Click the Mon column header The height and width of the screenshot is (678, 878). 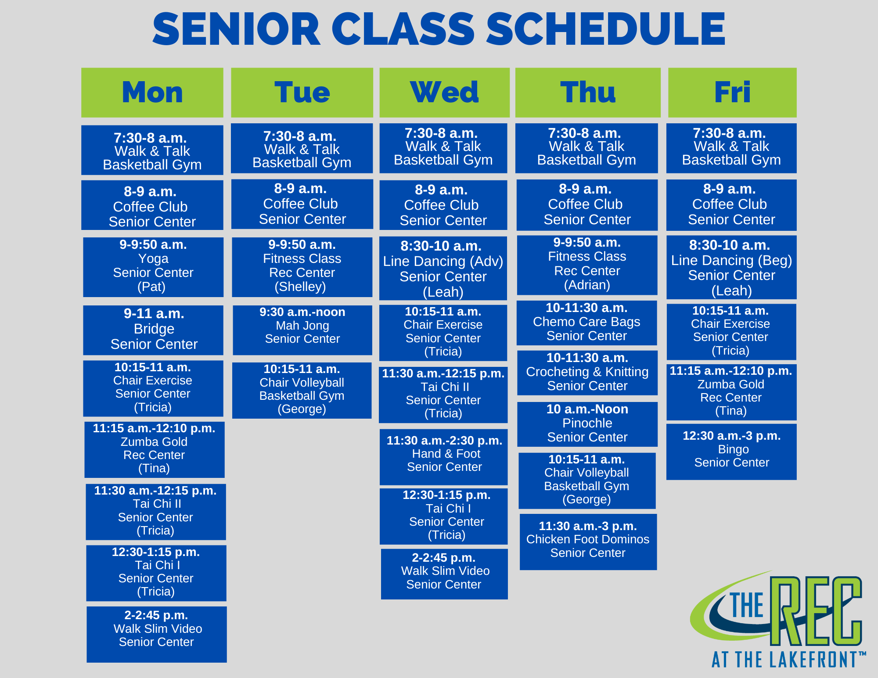coord(152,93)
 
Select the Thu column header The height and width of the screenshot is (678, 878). coord(588,93)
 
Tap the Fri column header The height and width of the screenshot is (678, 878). coord(732,93)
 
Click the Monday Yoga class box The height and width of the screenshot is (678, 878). coord(153,267)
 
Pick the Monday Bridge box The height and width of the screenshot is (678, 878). coord(153,330)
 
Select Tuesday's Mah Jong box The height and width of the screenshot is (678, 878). coord(302,330)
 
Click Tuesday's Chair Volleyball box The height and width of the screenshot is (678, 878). coord(302,390)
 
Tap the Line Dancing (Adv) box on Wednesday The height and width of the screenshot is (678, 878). coord(443,268)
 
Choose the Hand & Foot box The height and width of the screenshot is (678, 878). coord(443,457)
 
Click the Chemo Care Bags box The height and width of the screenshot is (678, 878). coord(587,323)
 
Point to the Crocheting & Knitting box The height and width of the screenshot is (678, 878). coord(587,373)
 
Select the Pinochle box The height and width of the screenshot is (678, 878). coord(587,424)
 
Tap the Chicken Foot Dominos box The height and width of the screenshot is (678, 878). coord(588,542)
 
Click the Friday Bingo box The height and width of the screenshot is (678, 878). coord(731,452)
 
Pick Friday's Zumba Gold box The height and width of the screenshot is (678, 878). coord(731,392)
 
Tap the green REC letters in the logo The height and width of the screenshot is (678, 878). coord(817,611)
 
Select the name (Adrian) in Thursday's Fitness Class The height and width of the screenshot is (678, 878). coord(587,285)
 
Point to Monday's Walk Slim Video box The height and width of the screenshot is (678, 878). coord(157,635)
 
